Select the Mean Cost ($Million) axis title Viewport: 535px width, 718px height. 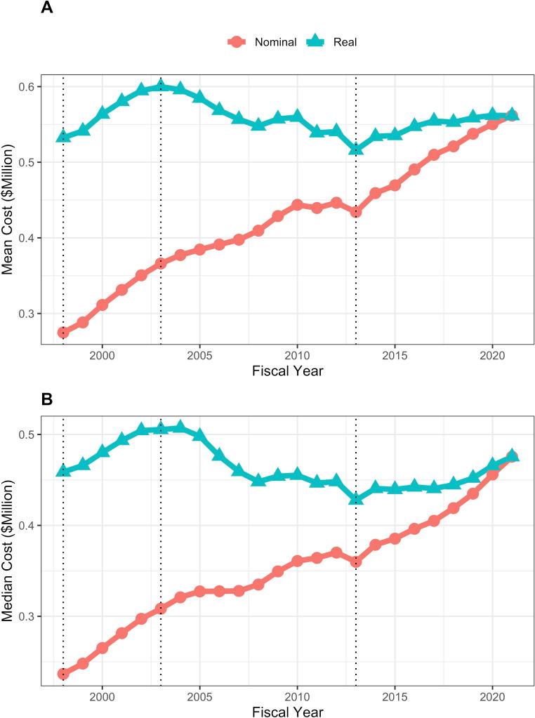tap(9, 199)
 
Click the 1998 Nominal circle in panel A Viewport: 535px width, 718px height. tap(63, 333)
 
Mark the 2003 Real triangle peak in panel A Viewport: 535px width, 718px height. tap(161, 86)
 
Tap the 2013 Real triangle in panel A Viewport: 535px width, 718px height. tap(356, 149)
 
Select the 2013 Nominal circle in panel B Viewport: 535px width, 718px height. tap(356, 561)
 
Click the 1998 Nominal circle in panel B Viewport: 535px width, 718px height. tap(63, 674)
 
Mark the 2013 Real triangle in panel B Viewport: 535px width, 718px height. tap(356, 498)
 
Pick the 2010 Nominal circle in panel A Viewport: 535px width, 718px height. tap(297, 205)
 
